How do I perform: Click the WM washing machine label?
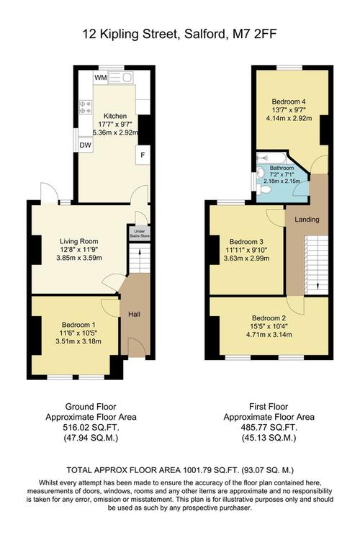[x=101, y=78]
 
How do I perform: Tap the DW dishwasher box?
[x=86, y=145]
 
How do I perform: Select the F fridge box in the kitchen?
[x=143, y=155]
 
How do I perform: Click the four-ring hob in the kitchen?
[x=86, y=107]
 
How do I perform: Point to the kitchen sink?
[x=120, y=78]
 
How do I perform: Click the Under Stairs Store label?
[x=140, y=233]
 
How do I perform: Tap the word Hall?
[x=134, y=314]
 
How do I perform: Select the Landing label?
[x=307, y=220]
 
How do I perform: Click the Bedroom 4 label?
[x=289, y=102]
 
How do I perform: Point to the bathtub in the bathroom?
[x=271, y=158]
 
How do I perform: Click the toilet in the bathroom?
[x=264, y=189]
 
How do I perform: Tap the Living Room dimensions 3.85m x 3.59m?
[x=79, y=258]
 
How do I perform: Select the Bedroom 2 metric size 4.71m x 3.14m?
[x=269, y=334]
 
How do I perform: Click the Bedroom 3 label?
[x=246, y=242]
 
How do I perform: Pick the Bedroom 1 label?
[x=78, y=325]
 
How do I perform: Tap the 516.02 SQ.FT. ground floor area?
[x=91, y=428]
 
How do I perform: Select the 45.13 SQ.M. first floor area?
[x=269, y=438]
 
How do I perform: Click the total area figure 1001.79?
[x=199, y=470]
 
